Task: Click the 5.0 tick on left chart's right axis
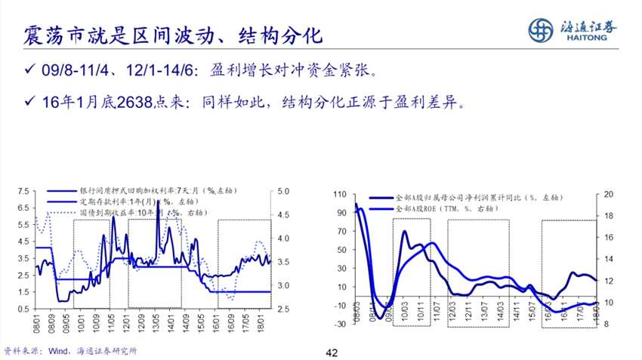click(283, 191)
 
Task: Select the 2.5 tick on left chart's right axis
click(283, 309)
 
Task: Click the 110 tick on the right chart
click(341, 195)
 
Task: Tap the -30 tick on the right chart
click(341, 324)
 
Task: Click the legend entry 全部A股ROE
click(453, 208)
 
